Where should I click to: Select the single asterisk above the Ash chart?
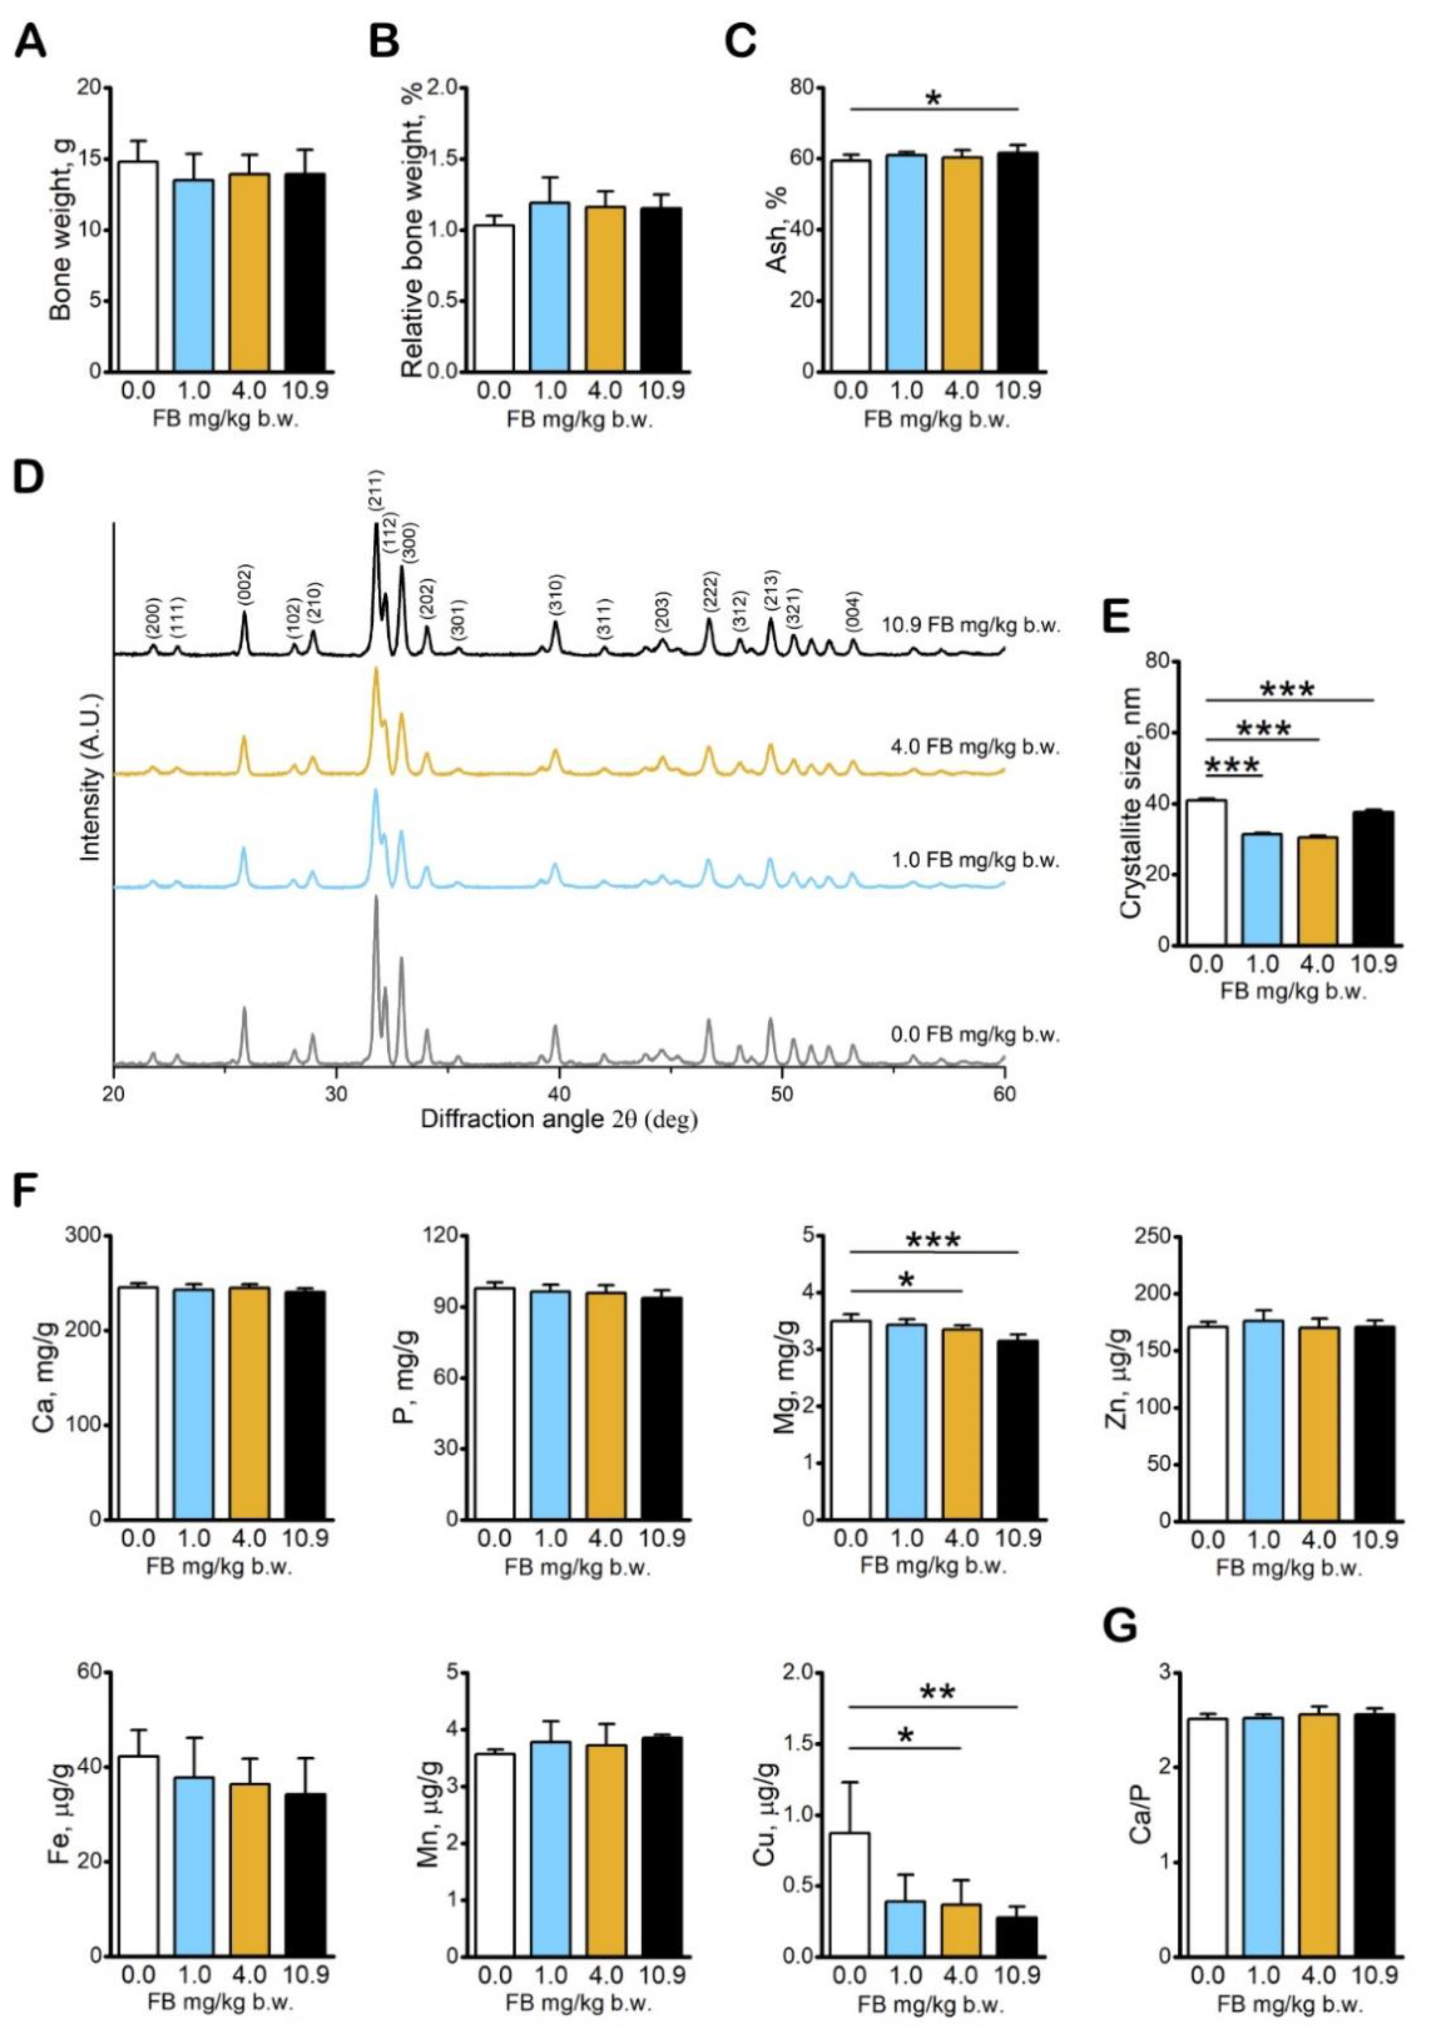pyautogui.click(x=934, y=97)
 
